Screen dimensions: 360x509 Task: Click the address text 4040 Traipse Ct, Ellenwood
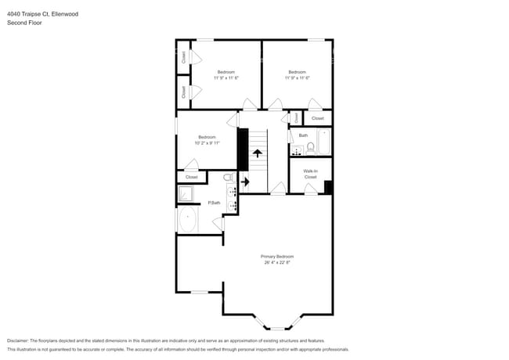(x=43, y=14)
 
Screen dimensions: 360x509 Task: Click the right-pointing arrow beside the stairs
(x=245, y=182)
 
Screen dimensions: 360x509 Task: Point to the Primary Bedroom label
(x=277, y=257)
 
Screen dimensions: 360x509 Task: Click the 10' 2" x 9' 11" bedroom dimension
(x=207, y=143)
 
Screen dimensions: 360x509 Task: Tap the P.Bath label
(x=214, y=203)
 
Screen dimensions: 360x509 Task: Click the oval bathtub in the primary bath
(x=189, y=220)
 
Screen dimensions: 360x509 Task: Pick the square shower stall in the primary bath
(x=188, y=194)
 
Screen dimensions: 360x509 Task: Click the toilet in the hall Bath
(x=310, y=147)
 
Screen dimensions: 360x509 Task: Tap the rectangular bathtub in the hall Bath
(x=326, y=143)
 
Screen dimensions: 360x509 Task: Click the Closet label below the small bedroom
(x=192, y=177)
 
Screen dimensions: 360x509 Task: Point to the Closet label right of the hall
(x=317, y=118)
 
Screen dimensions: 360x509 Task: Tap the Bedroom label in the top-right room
(x=297, y=72)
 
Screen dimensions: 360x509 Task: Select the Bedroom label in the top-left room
(x=226, y=72)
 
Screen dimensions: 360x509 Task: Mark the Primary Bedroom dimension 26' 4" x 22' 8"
(x=277, y=263)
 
